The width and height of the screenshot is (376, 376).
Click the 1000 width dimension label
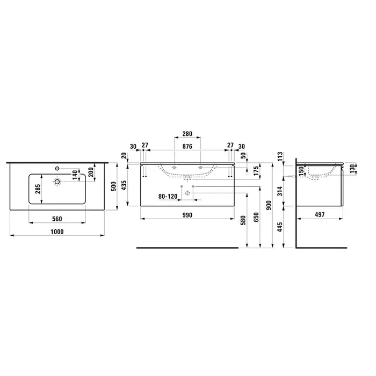click(57, 232)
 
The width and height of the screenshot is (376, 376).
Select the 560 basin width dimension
click(57, 219)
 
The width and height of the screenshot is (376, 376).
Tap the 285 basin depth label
click(38, 189)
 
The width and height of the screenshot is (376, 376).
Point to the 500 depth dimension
click(114, 186)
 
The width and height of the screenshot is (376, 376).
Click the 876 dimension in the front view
click(187, 146)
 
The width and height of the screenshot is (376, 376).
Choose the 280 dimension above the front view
click(187, 134)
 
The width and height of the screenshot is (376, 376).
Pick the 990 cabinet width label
click(187, 215)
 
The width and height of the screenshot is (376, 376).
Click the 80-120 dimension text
click(168, 197)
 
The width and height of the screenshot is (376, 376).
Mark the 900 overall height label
click(269, 205)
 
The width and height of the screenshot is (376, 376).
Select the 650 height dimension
click(256, 217)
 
